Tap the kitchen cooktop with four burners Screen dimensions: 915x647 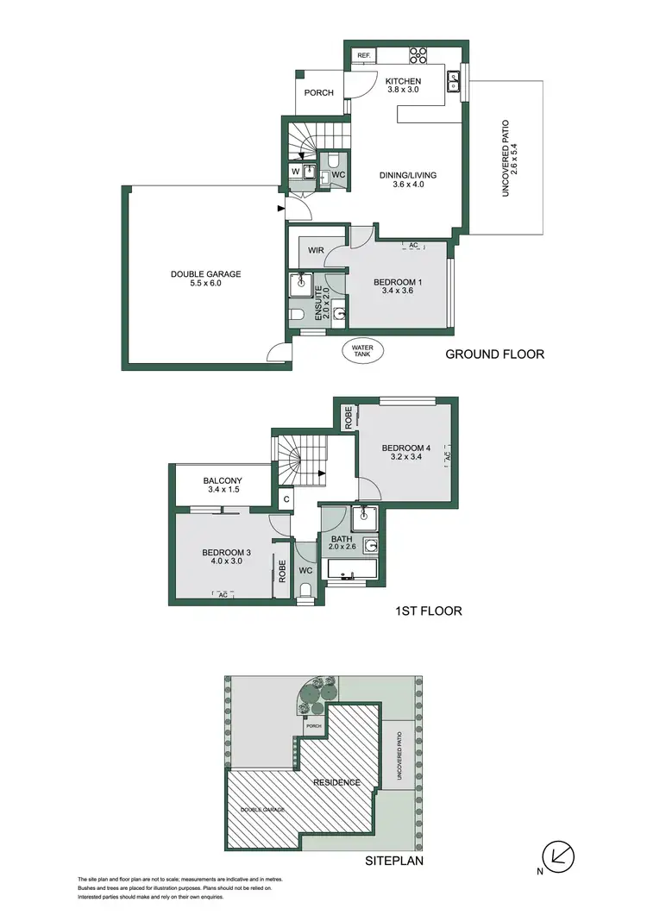click(418, 54)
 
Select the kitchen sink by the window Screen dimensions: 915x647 click(453, 82)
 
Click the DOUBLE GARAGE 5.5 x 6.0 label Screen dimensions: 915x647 click(205, 279)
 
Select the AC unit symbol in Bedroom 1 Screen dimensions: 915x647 click(413, 247)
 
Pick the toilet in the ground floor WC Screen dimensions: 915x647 click(332, 161)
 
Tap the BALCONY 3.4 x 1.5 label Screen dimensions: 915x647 click(222, 486)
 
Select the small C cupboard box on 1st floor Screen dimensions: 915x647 click(286, 498)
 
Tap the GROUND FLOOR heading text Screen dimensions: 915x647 click(494, 354)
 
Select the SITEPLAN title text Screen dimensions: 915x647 click(394, 860)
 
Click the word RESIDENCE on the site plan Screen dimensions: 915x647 click(336, 782)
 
